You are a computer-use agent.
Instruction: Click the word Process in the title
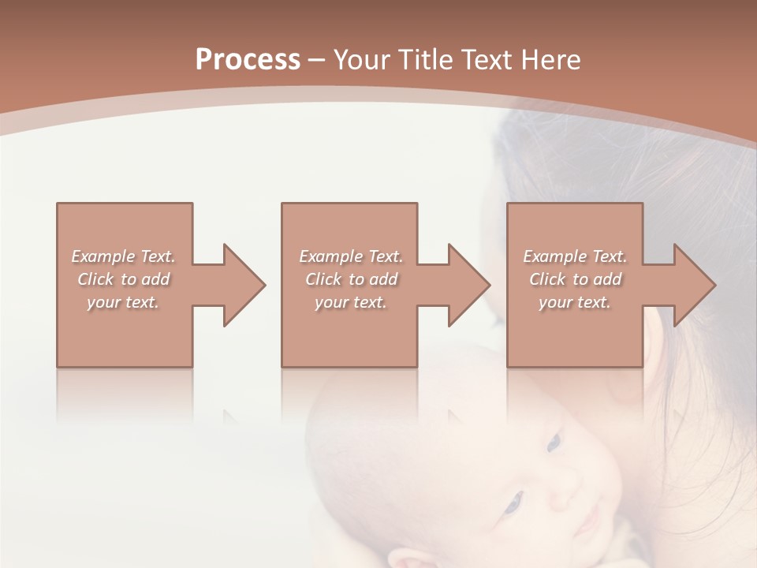coord(248,59)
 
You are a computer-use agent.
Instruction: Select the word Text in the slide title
coord(485,59)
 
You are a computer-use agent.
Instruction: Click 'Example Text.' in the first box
coord(123,256)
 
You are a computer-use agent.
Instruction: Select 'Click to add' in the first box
coord(123,279)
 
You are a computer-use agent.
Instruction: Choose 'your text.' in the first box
coord(123,302)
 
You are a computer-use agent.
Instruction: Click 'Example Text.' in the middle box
coord(350,256)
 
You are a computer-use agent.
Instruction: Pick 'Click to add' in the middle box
coord(350,279)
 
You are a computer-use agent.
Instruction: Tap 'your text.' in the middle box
coord(350,302)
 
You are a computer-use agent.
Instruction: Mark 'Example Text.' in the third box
coord(575,256)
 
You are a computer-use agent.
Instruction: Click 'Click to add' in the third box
coord(575,279)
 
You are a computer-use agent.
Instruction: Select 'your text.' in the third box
coord(575,302)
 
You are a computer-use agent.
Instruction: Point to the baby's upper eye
coord(554,442)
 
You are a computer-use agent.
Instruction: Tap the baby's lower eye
coord(513,501)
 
